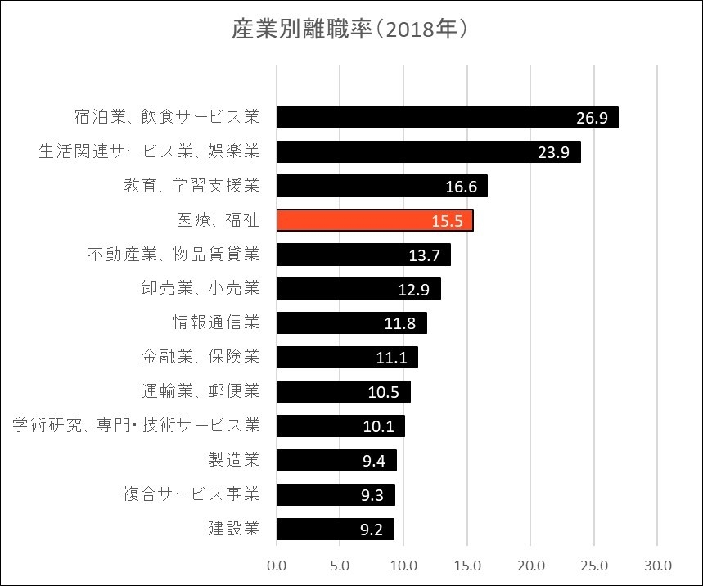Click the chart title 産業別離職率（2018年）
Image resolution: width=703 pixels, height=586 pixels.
pos(350,30)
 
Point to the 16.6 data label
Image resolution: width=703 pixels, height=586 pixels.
pos(462,187)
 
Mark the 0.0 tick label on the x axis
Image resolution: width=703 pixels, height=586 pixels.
pos(277,566)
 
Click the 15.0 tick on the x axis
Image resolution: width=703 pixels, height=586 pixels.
pos(466,566)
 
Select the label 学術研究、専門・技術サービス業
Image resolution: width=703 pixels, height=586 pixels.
pos(137,426)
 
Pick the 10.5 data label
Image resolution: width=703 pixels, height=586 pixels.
pos(384,392)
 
